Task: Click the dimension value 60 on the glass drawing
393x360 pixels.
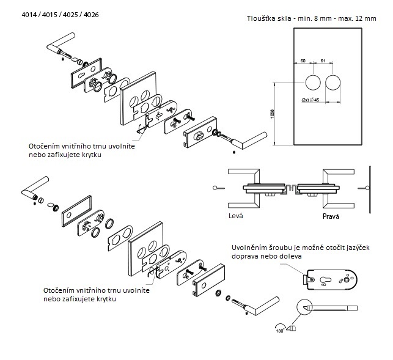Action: [x=301, y=61]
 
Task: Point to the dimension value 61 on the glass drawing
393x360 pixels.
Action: [x=323, y=61]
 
